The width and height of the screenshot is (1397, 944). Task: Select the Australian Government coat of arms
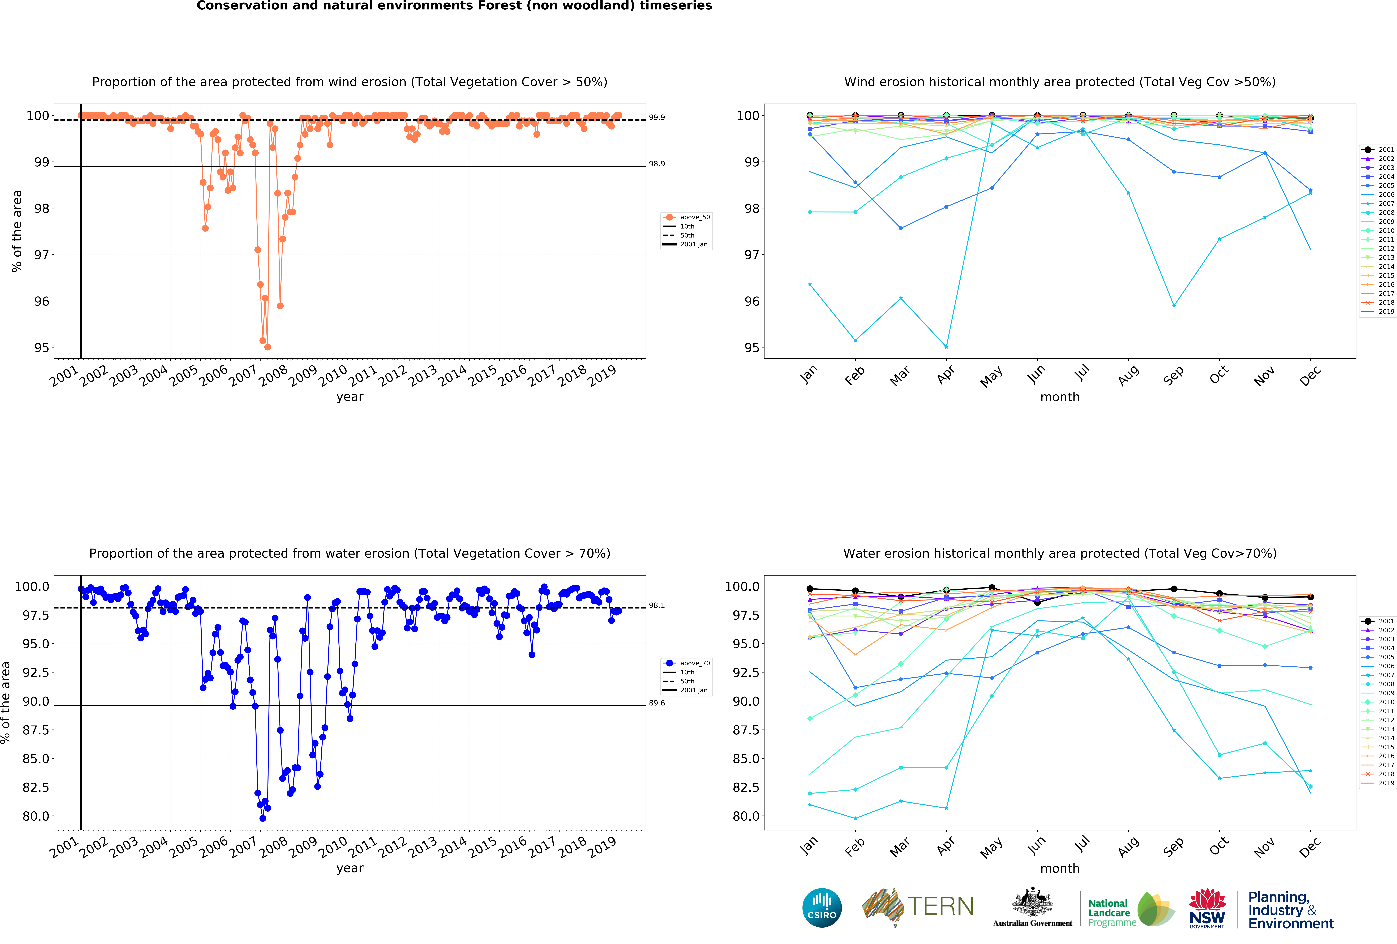tap(1032, 902)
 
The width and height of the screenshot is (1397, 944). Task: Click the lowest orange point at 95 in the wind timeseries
tap(267, 347)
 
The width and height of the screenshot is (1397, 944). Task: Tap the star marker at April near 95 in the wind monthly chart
tap(946, 347)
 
